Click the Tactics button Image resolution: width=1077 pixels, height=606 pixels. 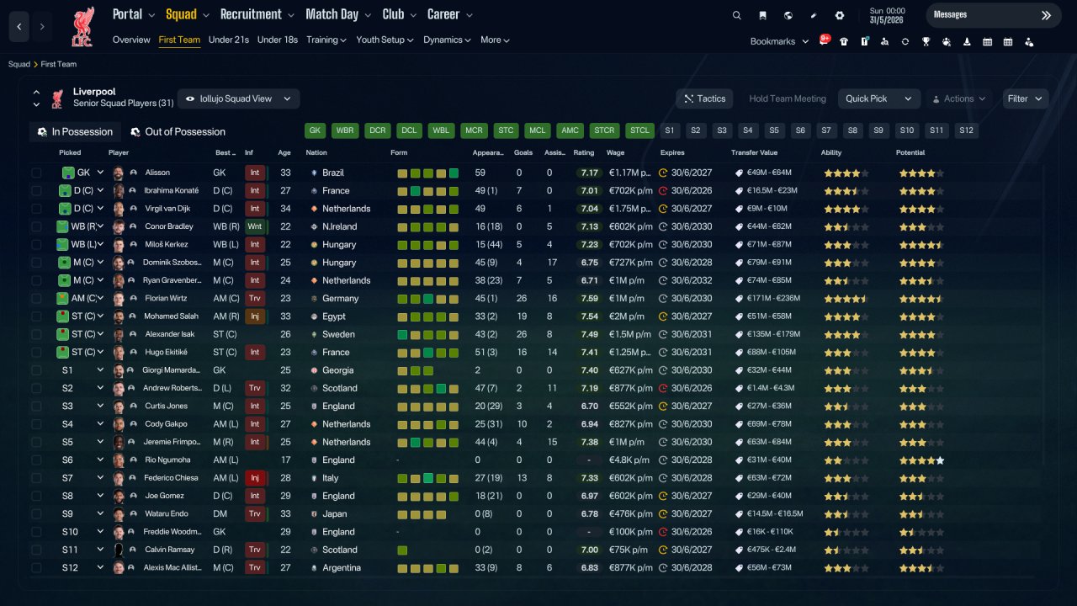click(704, 98)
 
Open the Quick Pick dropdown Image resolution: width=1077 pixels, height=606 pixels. click(878, 98)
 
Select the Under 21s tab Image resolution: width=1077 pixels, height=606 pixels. click(228, 40)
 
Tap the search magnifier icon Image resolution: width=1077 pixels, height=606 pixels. click(736, 15)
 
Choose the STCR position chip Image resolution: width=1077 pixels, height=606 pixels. click(604, 130)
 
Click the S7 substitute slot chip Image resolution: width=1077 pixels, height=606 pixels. click(826, 130)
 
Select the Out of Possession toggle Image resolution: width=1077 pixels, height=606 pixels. click(178, 132)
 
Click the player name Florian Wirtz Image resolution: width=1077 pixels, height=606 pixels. click(166, 298)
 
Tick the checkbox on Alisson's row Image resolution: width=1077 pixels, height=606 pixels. click(36, 173)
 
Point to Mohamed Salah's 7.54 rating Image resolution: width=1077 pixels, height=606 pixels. click(589, 316)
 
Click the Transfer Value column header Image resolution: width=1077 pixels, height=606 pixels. click(754, 152)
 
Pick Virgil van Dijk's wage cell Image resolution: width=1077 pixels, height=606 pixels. click(629, 209)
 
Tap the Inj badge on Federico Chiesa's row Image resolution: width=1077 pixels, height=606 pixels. click(255, 478)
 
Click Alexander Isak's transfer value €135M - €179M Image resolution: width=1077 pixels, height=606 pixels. click(773, 334)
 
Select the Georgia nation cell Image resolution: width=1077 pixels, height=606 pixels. click(337, 370)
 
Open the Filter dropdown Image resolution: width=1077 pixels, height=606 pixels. click(1025, 98)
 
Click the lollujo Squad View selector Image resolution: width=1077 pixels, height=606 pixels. click(238, 98)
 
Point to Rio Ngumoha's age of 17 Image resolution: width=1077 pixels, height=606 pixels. click(285, 460)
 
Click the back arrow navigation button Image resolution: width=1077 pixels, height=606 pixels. click(19, 26)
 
